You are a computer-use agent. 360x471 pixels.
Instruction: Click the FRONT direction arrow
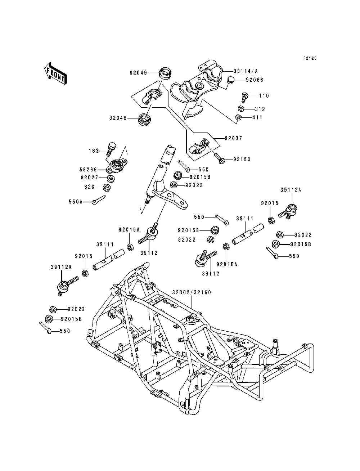(x=55, y=74)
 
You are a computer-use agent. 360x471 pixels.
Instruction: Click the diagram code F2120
(x=310, y=58)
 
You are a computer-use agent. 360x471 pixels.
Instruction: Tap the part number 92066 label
(x=255, y=80)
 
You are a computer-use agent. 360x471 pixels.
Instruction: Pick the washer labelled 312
(x=241, y=109)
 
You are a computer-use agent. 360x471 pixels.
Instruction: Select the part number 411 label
(x=257, y=118)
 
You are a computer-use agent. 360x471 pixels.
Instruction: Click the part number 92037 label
(x=233, y=138)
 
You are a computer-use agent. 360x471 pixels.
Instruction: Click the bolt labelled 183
(x=111, y=149)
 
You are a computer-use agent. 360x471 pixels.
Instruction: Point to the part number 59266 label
(x=88, y=170)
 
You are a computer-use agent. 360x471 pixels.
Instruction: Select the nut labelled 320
(x=107, y=188)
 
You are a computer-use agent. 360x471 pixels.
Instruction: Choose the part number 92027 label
(x=90, y=178)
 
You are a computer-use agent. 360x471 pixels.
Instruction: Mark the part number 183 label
(x=94, y=151)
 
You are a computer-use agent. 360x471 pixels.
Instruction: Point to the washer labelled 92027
(x=111, y=178)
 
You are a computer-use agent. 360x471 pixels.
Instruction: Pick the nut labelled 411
(x=238, y=118)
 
